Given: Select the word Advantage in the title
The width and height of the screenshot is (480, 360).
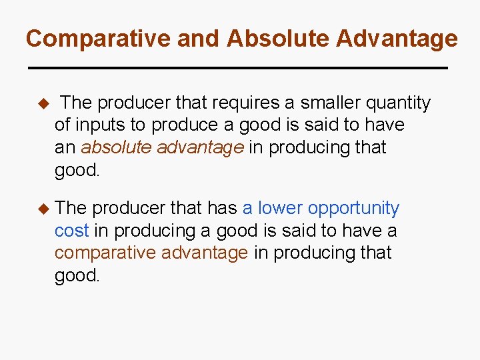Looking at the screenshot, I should click(397, 39).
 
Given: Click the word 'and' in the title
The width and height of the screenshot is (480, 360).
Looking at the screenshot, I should click(199, 39).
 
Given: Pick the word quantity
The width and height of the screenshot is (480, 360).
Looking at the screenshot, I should click(400, 103).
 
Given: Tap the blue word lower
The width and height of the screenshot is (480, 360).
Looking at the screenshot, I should click(279, 208).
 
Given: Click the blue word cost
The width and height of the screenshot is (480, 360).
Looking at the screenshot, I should click(71, 231).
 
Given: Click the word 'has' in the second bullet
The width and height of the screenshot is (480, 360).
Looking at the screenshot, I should click(222, 208).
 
